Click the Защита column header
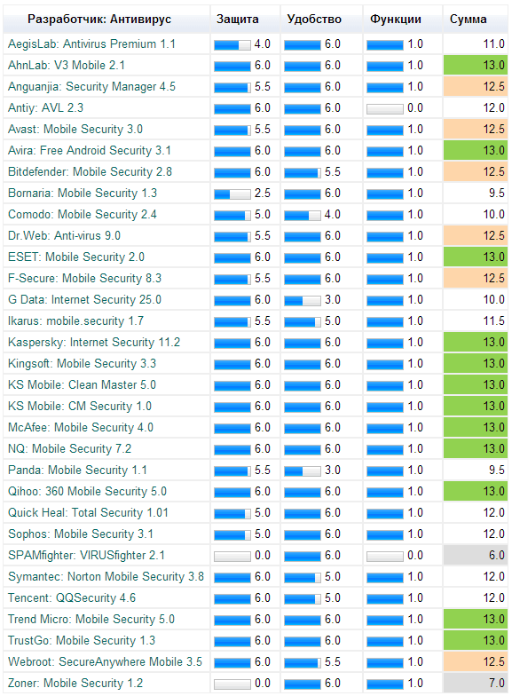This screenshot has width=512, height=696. tap(238, 19)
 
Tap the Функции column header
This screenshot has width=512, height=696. tap(396, 19)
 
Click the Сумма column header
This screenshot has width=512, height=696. tap(468, 19)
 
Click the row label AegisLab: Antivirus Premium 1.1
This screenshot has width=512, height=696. tap(91, 43)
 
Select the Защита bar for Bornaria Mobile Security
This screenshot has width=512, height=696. tap(232, 193)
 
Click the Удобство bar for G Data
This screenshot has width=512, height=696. tap(303, 299)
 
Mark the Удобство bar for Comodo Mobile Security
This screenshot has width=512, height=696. tap(303, 214)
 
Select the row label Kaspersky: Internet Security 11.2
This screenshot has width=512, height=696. tap(94, 342)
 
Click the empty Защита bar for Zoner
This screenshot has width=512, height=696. tap(232, 683)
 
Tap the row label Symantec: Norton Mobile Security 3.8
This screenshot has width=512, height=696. tap(106, 576)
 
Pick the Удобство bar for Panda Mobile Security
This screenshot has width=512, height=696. tap(303, 470)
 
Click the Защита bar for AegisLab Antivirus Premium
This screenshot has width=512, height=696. tap(232, 43)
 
